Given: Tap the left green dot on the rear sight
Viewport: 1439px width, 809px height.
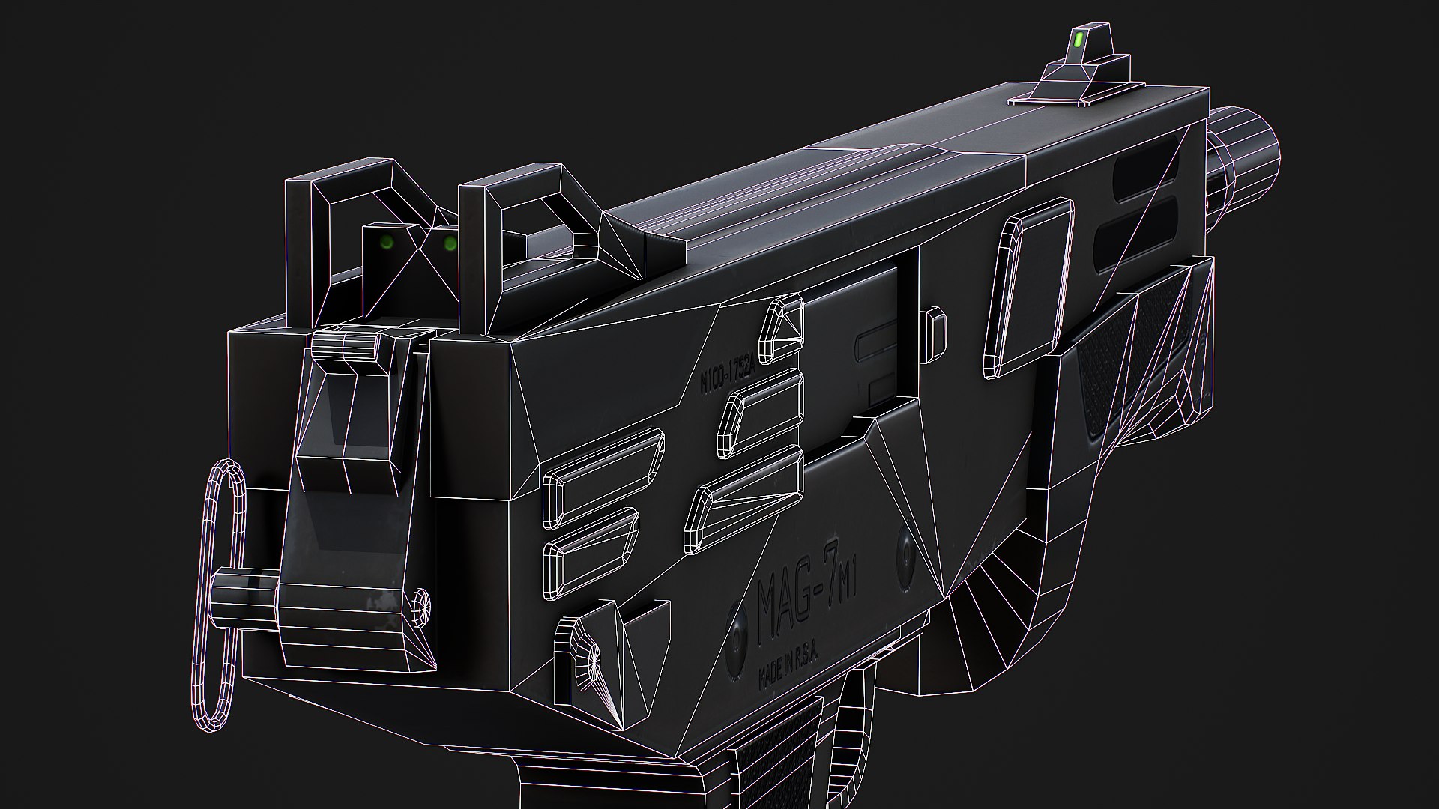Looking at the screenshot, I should tap(387, 242).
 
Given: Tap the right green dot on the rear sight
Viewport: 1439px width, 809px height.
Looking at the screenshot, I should tap(450, 243).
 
